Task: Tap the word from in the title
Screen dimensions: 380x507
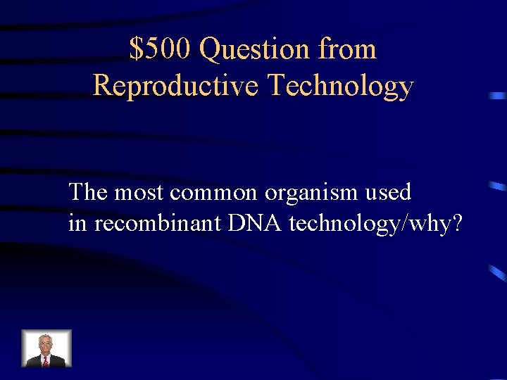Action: (x=347, y=49)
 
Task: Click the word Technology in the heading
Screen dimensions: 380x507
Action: (x=340, y=86)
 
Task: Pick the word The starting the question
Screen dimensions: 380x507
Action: (x=88, y=191)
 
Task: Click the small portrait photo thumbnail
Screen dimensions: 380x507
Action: (x=46, y=348)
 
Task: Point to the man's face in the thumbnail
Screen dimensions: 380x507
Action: (x=46, y=343)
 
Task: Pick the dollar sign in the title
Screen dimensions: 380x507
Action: (x=135, y=49)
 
